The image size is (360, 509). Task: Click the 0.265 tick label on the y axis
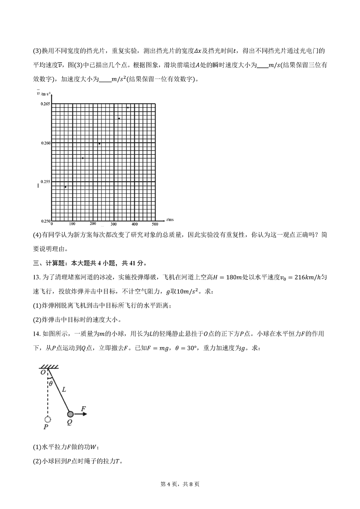(x=44, y=104)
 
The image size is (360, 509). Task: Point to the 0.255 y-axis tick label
(x=44, y=182)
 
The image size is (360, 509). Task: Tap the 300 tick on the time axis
(x=113, y=224)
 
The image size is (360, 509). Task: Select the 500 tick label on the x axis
(x=155, y=224)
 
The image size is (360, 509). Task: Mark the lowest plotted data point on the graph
(x=66, y=187)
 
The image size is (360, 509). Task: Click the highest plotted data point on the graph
(x=128, y=108)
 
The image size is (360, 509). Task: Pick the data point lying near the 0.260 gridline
(x=99, y=144)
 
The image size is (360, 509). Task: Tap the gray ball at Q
(x=70, y=414)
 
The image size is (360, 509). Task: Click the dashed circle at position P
(x=48, y=419)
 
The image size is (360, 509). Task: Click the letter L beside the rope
(x=64, y=388)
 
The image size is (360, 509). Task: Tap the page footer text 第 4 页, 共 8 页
(x=180, y=495)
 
